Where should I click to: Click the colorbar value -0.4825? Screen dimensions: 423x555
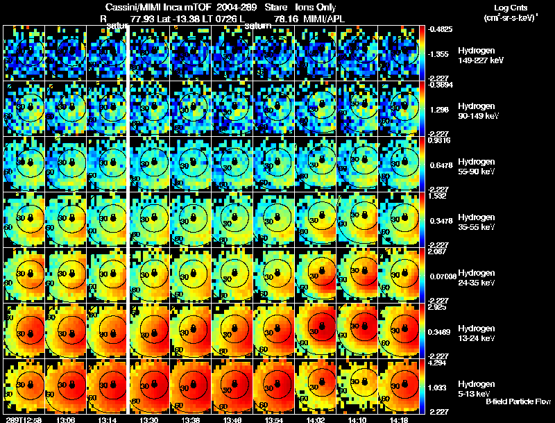(442, 29)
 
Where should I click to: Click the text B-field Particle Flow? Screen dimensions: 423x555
(518, 401)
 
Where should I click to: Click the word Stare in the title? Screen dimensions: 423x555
(276, 7)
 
